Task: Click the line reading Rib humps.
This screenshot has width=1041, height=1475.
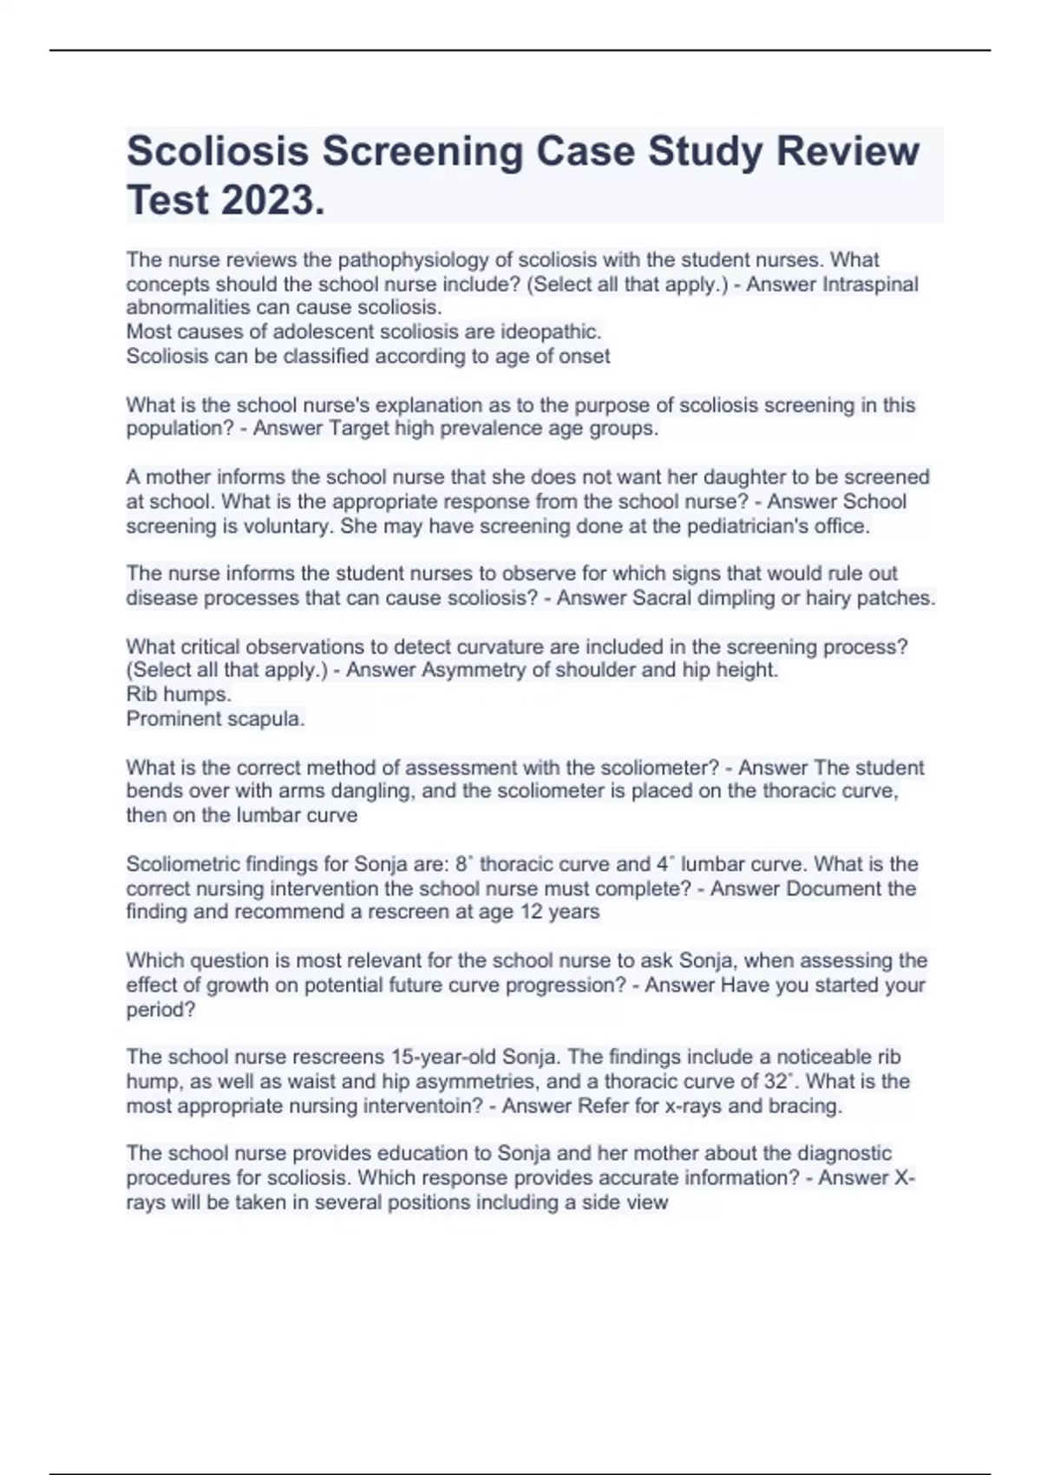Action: point(179,694)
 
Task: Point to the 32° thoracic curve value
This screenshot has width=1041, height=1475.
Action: point(778,1081)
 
